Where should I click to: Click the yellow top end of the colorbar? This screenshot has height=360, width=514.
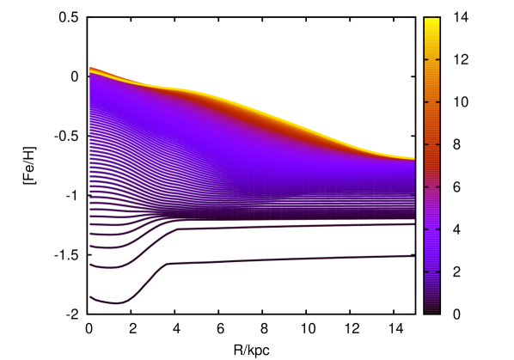(431, 22)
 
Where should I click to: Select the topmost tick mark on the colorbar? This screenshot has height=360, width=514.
(437, 59)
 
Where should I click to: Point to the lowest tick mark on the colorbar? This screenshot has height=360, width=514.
(437, 272)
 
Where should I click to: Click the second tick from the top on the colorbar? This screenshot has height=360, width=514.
(437, 102)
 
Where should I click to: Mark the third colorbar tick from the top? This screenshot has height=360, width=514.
(437, 144)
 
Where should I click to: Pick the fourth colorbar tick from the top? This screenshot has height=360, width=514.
(437, 186)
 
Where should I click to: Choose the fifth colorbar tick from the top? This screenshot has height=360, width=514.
(437, 229)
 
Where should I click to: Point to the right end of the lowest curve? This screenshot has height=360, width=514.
(413, 255)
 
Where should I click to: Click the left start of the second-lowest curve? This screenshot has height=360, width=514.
(90, 265)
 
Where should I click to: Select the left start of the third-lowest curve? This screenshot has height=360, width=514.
(90, 247)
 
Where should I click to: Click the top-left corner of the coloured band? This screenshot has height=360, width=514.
(90, 68)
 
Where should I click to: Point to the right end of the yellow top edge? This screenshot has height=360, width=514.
(413, 158)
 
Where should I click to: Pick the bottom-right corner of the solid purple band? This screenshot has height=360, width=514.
(413, 219)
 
